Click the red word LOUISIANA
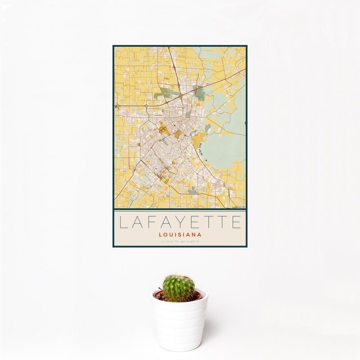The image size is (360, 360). tap(180, 234)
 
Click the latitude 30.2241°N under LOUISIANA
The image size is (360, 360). tap(170, 242)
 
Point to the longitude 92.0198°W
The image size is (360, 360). tap(191, 242)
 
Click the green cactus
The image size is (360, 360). tap(179, 288)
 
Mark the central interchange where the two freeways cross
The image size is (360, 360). tap(181, 96)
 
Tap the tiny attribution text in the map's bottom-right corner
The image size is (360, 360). tap(238, 207)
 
